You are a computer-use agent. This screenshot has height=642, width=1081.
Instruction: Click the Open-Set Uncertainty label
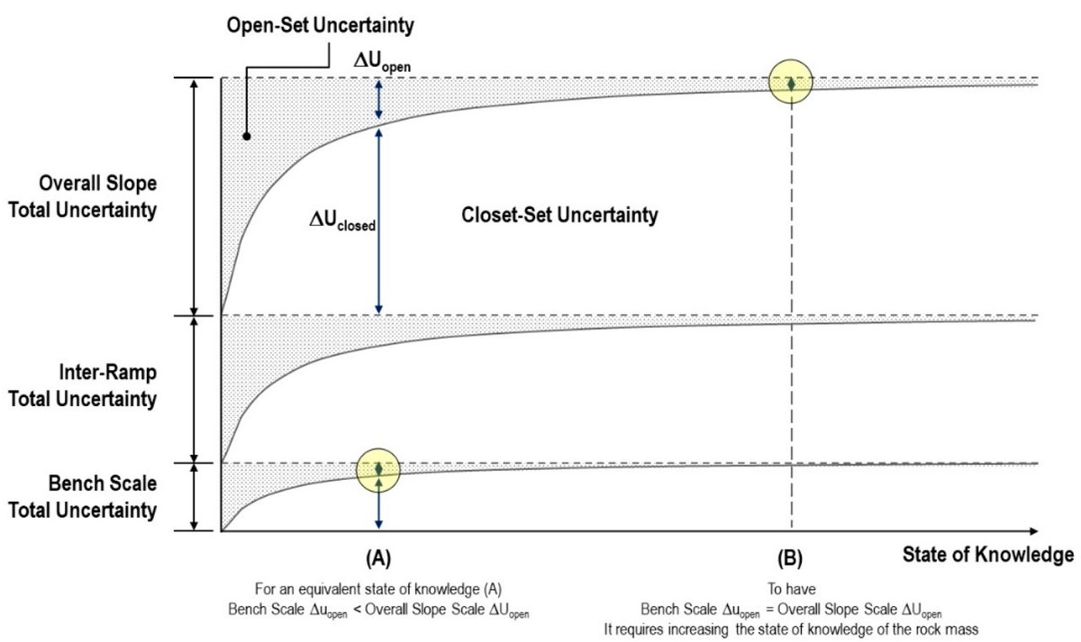click(x=320, y=26)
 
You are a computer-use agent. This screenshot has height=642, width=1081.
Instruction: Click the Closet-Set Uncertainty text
click(x=559, y=216)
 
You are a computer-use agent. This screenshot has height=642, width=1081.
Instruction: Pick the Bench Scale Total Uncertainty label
click(x=83, y=496)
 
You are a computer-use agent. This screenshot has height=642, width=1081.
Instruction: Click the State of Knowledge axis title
click(x=988, y=555)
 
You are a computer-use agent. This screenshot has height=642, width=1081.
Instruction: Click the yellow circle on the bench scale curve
click(x=379, y=468)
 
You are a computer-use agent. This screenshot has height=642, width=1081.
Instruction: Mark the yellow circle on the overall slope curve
click(x=791, y=83)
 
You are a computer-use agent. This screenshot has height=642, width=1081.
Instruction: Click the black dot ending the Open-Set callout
click(x=246, y=137)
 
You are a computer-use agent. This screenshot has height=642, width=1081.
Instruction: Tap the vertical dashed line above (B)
click(x=791, y=315)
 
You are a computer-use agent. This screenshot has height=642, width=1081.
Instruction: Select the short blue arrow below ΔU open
click(x=378, y=99)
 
